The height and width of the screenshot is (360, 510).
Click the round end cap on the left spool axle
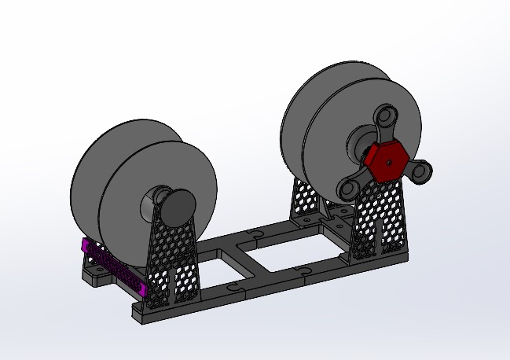(180, 206)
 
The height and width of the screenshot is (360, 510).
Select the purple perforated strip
(113, 268)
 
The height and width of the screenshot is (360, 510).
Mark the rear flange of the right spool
(314, 110)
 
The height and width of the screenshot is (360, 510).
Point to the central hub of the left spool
(152, 204)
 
